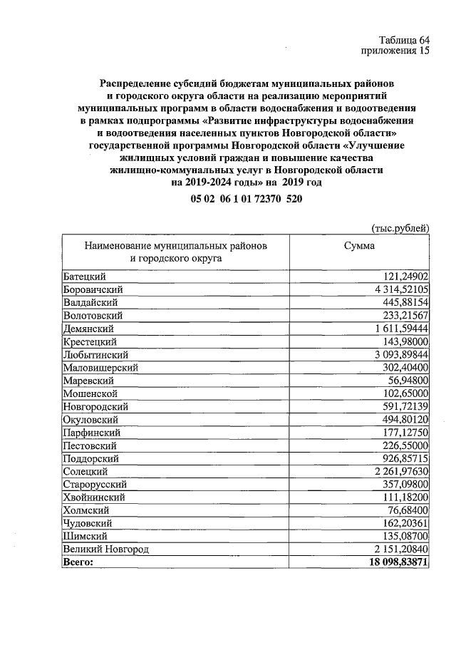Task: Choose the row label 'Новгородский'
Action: pyautogui.click(x=95, y=406)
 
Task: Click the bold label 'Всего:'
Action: pyautogui.click(x=78, y=562)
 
